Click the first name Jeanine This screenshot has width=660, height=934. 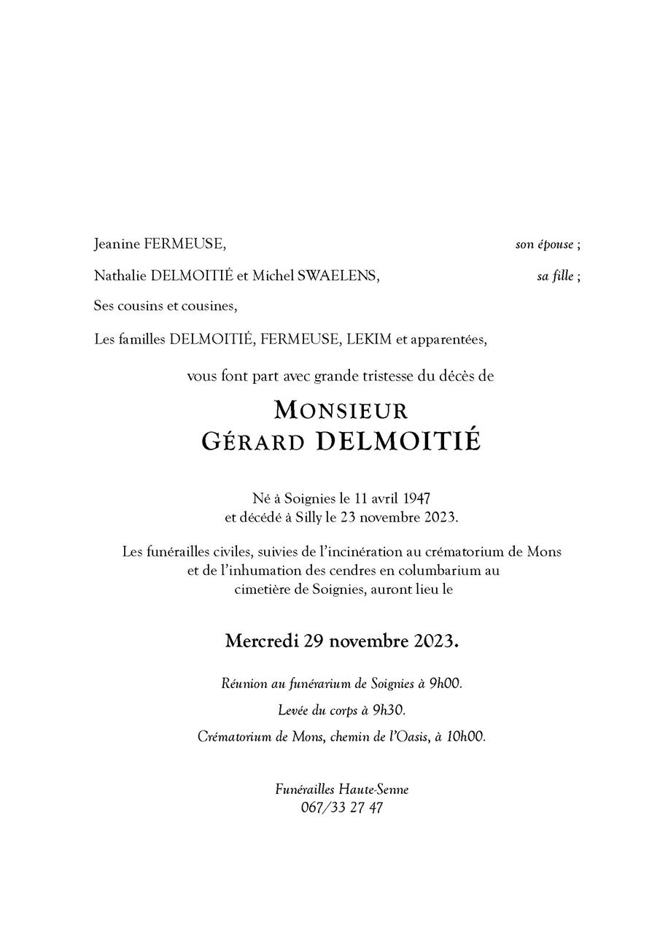(x=117, y=244)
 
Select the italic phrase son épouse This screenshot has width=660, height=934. (x=544, y=245)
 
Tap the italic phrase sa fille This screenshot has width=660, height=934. (x=555, y=277)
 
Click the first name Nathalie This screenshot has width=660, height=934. (x=120, y=276)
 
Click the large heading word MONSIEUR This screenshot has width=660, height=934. (x=341, y=410)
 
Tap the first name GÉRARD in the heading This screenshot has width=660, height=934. (x=253, y=441)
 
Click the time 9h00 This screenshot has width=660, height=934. (x=445, y=684)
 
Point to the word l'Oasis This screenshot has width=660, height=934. (x=408, y=736)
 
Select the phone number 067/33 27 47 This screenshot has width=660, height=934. (x=341, y=808)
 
